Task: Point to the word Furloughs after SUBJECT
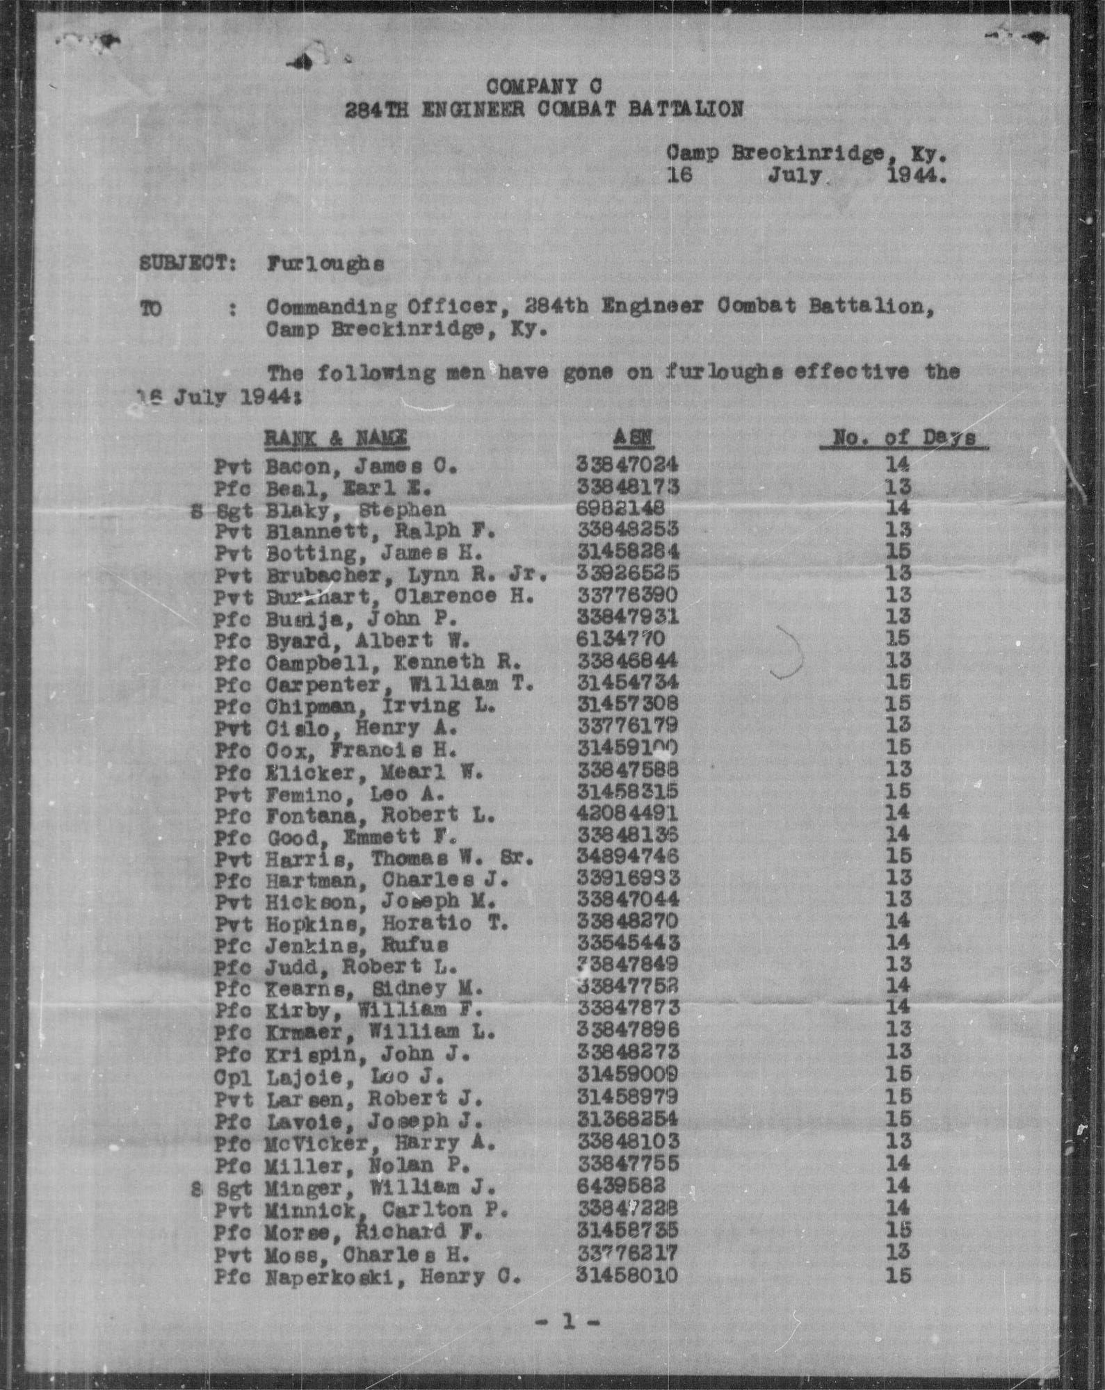(325, 264)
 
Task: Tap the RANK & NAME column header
(336, 439)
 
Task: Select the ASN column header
(633, 438)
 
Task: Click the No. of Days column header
(903, 438)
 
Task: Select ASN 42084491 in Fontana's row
(627, 812)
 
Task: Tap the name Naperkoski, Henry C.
(393, 1276)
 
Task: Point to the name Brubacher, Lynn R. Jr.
(407, 574)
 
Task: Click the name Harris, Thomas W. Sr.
(400, 858)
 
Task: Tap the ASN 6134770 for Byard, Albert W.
(620, 638)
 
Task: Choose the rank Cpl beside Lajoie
(232, 1077)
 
